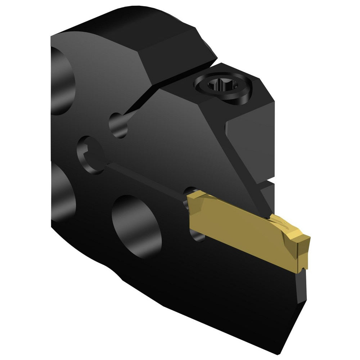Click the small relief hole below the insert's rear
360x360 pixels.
pyautogui.click(x=198, y=236)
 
